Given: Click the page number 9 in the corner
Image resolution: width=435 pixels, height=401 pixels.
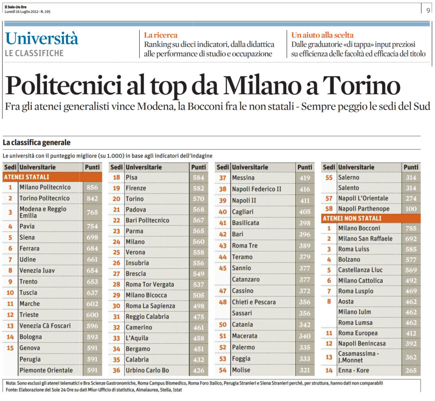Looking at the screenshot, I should coord(428,9).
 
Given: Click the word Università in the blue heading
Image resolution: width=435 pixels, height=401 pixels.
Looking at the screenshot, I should coord(42,38).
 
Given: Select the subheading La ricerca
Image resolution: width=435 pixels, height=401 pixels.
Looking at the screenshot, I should coord(160,35).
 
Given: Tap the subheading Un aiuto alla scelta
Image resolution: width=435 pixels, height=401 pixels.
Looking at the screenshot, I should coord(322,35).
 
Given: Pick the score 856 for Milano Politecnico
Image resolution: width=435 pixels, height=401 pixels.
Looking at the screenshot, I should coord(92,187).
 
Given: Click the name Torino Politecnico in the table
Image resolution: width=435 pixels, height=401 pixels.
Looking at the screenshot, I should coord(44,198).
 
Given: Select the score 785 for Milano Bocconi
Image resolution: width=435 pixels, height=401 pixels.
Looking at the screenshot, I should coord(411,228).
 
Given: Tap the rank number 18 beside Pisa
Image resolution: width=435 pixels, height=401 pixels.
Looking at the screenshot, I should coord(116,178).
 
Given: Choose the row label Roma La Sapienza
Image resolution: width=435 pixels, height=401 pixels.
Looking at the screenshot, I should coord(150,306).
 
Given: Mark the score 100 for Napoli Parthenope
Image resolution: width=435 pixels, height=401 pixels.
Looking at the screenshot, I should coord(411,208).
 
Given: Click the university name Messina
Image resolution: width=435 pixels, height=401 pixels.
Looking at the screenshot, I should coord(243,178).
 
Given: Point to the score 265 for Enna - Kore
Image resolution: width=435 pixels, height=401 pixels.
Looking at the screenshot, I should coord(411,370).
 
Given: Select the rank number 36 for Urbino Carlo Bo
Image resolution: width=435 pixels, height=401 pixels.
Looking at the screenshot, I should coord(116,370).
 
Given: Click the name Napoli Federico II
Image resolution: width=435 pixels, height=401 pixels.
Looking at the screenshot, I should coord(257,189).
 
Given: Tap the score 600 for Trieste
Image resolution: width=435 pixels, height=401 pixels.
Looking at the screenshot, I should coord(92,315).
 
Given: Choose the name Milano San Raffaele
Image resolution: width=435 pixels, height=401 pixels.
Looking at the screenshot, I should coord(365,238).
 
